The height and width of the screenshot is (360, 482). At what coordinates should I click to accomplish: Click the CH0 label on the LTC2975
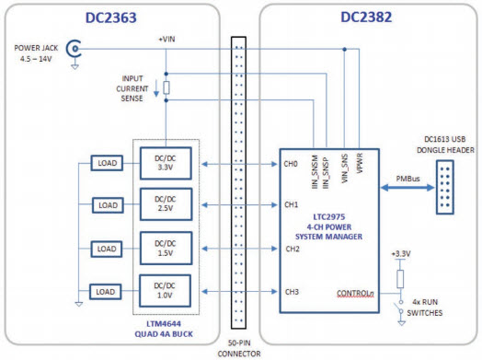292,165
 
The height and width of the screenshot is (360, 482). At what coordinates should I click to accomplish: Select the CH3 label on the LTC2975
292,292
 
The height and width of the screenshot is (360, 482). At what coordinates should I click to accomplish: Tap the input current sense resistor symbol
166,88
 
